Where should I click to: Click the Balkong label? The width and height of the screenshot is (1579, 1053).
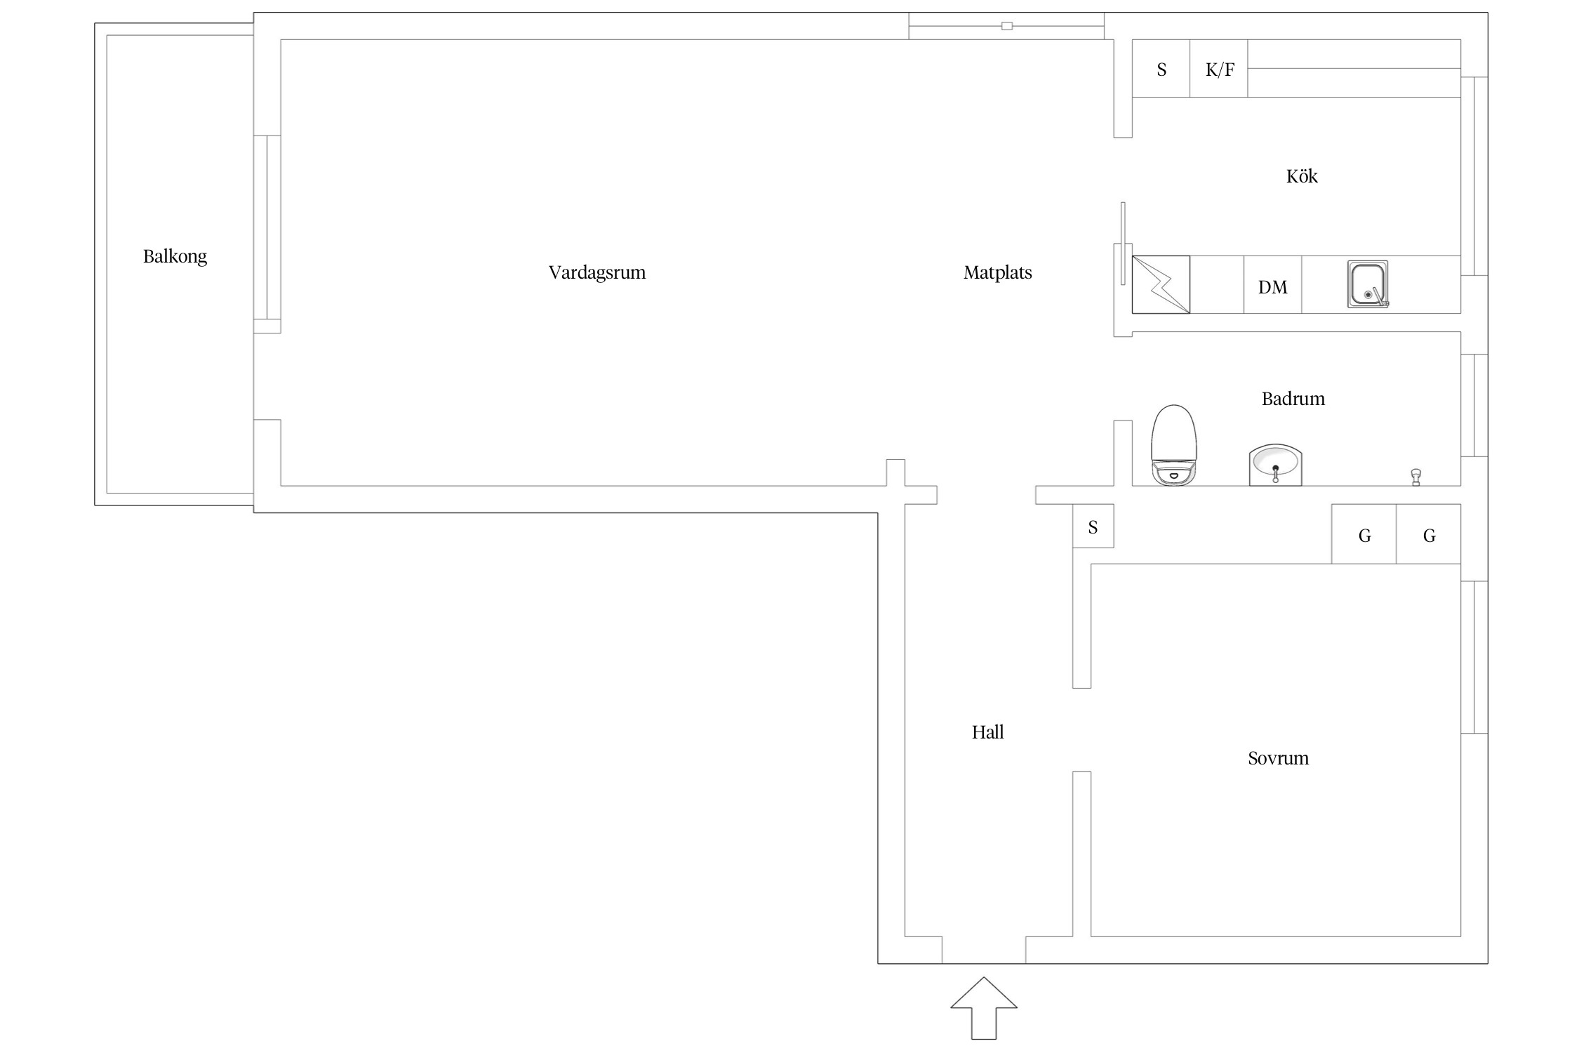point(175,257)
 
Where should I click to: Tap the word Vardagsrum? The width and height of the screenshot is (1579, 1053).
point(597,273)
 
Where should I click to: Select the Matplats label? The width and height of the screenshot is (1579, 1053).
point(998,273)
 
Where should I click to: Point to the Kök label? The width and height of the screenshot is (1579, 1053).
point(1302,176)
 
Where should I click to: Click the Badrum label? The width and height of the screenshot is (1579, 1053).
point(1293,399)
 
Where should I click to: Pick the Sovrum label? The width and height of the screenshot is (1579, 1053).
point(1279,758)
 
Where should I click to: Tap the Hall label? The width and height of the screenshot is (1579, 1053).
point(988,732)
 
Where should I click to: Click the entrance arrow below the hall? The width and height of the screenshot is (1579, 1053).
point(984,1008)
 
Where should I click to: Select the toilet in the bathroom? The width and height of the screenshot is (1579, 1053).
point(1173,444)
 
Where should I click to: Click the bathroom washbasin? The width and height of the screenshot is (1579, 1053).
point(1275,465)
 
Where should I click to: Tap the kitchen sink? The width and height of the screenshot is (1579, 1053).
point(1368,284)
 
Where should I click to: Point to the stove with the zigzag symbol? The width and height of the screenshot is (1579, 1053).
point(1161,284)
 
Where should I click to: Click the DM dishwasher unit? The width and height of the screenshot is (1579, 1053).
point(1273,285)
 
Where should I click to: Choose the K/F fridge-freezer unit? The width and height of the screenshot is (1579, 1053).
point(1219,69)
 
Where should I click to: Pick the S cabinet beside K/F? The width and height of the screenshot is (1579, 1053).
point(1161,69)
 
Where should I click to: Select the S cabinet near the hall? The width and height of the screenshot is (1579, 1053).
point(1093,526)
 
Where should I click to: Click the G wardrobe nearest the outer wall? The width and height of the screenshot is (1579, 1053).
point(1429,534)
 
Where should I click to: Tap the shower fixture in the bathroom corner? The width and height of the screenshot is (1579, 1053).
point(1416,477)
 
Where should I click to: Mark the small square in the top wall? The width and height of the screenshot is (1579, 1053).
point(1007,26)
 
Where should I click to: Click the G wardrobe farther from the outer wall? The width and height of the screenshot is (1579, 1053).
point(1364,534)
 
